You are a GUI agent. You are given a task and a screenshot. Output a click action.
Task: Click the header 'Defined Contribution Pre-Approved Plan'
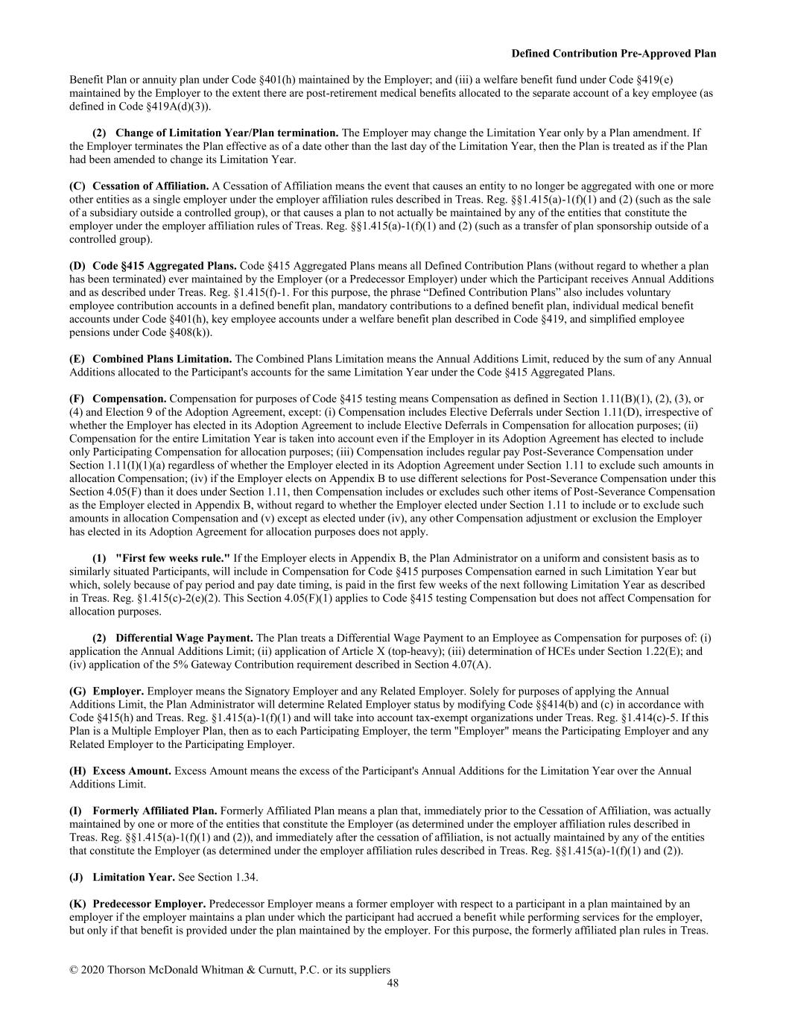(614, 54)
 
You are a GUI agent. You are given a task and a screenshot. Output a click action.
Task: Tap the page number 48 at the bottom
(393, 983)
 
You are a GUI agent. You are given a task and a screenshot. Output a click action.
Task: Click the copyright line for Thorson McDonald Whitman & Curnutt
(229, 970)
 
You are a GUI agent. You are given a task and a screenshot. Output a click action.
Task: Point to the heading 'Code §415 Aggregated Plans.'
(165, 266)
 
